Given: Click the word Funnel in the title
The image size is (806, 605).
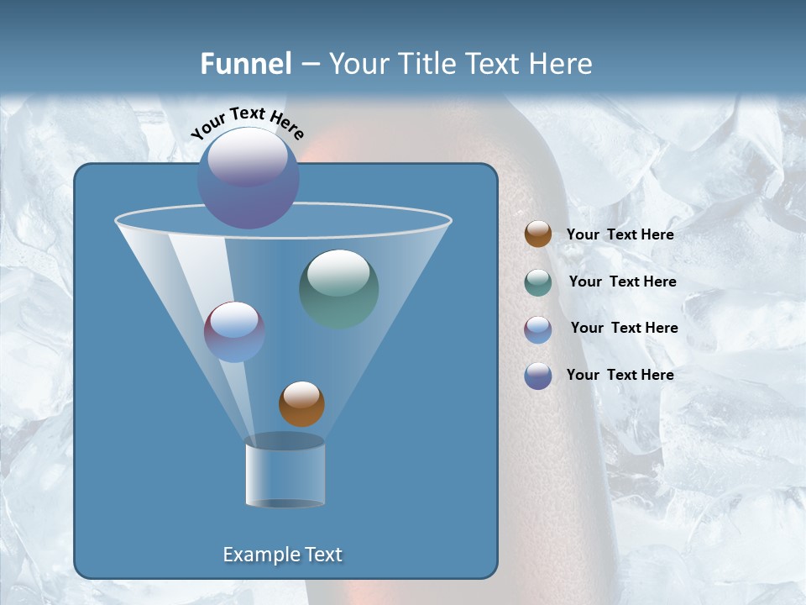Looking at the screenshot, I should click(246, 63).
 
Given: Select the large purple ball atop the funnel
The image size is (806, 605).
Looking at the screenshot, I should click(248, 178).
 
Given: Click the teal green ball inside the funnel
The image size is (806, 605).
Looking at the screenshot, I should click(339, 289).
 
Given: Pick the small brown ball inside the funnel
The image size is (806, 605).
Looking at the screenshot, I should click(301, 404).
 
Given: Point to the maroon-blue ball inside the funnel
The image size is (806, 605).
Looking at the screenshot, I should click(234, 332).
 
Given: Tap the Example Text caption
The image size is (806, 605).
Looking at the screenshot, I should click(283, 555).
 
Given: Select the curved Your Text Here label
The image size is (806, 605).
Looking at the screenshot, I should click(247, 123).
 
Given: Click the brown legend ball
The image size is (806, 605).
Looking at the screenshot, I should click(538, 234).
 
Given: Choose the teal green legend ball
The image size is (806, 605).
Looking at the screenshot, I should click(538, 282).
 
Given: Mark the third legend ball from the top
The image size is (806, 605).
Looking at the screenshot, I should click(538, 329).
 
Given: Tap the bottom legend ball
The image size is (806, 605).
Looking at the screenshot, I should click(538, 376).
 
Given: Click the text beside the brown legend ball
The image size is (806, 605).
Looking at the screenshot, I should click(620, 234).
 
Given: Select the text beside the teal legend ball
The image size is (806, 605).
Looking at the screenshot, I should click(622, 281).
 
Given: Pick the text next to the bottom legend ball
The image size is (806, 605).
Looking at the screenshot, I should click(620, 375).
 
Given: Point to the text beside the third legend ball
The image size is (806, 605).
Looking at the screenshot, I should click(624, 328).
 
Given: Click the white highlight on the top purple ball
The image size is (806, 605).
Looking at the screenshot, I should click(248, 156).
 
